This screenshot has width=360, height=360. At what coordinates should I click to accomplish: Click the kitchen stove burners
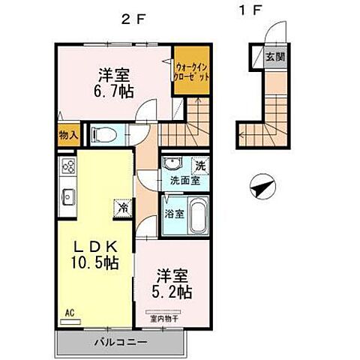pyautogui.click(x=67, y=167)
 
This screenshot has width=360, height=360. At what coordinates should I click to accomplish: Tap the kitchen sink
pyautogui.click(x=67, y=197)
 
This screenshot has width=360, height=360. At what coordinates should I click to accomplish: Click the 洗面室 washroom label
pyautogui.click(x=184, y=180)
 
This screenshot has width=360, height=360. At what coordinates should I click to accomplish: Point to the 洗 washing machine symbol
pyautogui.click(x=199, y=165)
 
